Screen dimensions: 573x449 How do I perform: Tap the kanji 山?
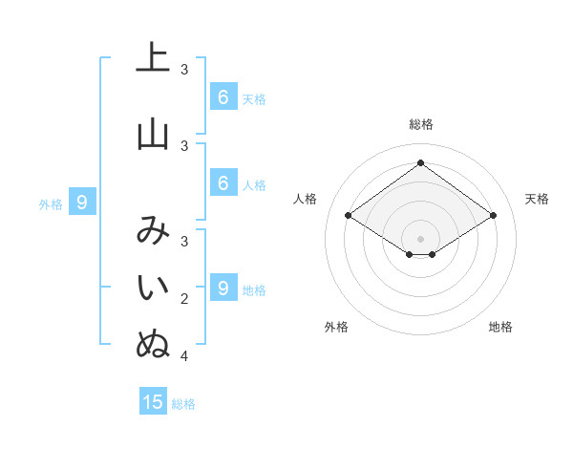153,134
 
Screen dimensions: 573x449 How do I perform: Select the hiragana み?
153,230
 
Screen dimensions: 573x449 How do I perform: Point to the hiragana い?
153,287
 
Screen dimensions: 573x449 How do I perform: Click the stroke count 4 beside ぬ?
184,356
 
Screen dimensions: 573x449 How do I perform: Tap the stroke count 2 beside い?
184,299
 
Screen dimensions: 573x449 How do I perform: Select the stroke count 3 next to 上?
184,69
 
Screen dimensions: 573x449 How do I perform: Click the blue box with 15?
153,402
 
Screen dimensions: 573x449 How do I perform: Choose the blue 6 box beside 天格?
223,96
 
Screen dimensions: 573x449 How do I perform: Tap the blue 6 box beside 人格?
223,182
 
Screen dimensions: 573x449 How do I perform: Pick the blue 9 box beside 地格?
223,288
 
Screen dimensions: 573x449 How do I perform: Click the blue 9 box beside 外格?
82,202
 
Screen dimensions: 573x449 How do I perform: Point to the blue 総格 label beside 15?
183,404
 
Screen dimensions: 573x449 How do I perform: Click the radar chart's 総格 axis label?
420,124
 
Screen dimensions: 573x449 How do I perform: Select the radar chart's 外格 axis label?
336,327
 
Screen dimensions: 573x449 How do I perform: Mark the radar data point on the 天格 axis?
493,216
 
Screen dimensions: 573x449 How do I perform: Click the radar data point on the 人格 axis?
348,216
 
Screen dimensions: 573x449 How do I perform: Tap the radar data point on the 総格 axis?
420,162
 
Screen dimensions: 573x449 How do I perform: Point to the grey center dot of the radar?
420,238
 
